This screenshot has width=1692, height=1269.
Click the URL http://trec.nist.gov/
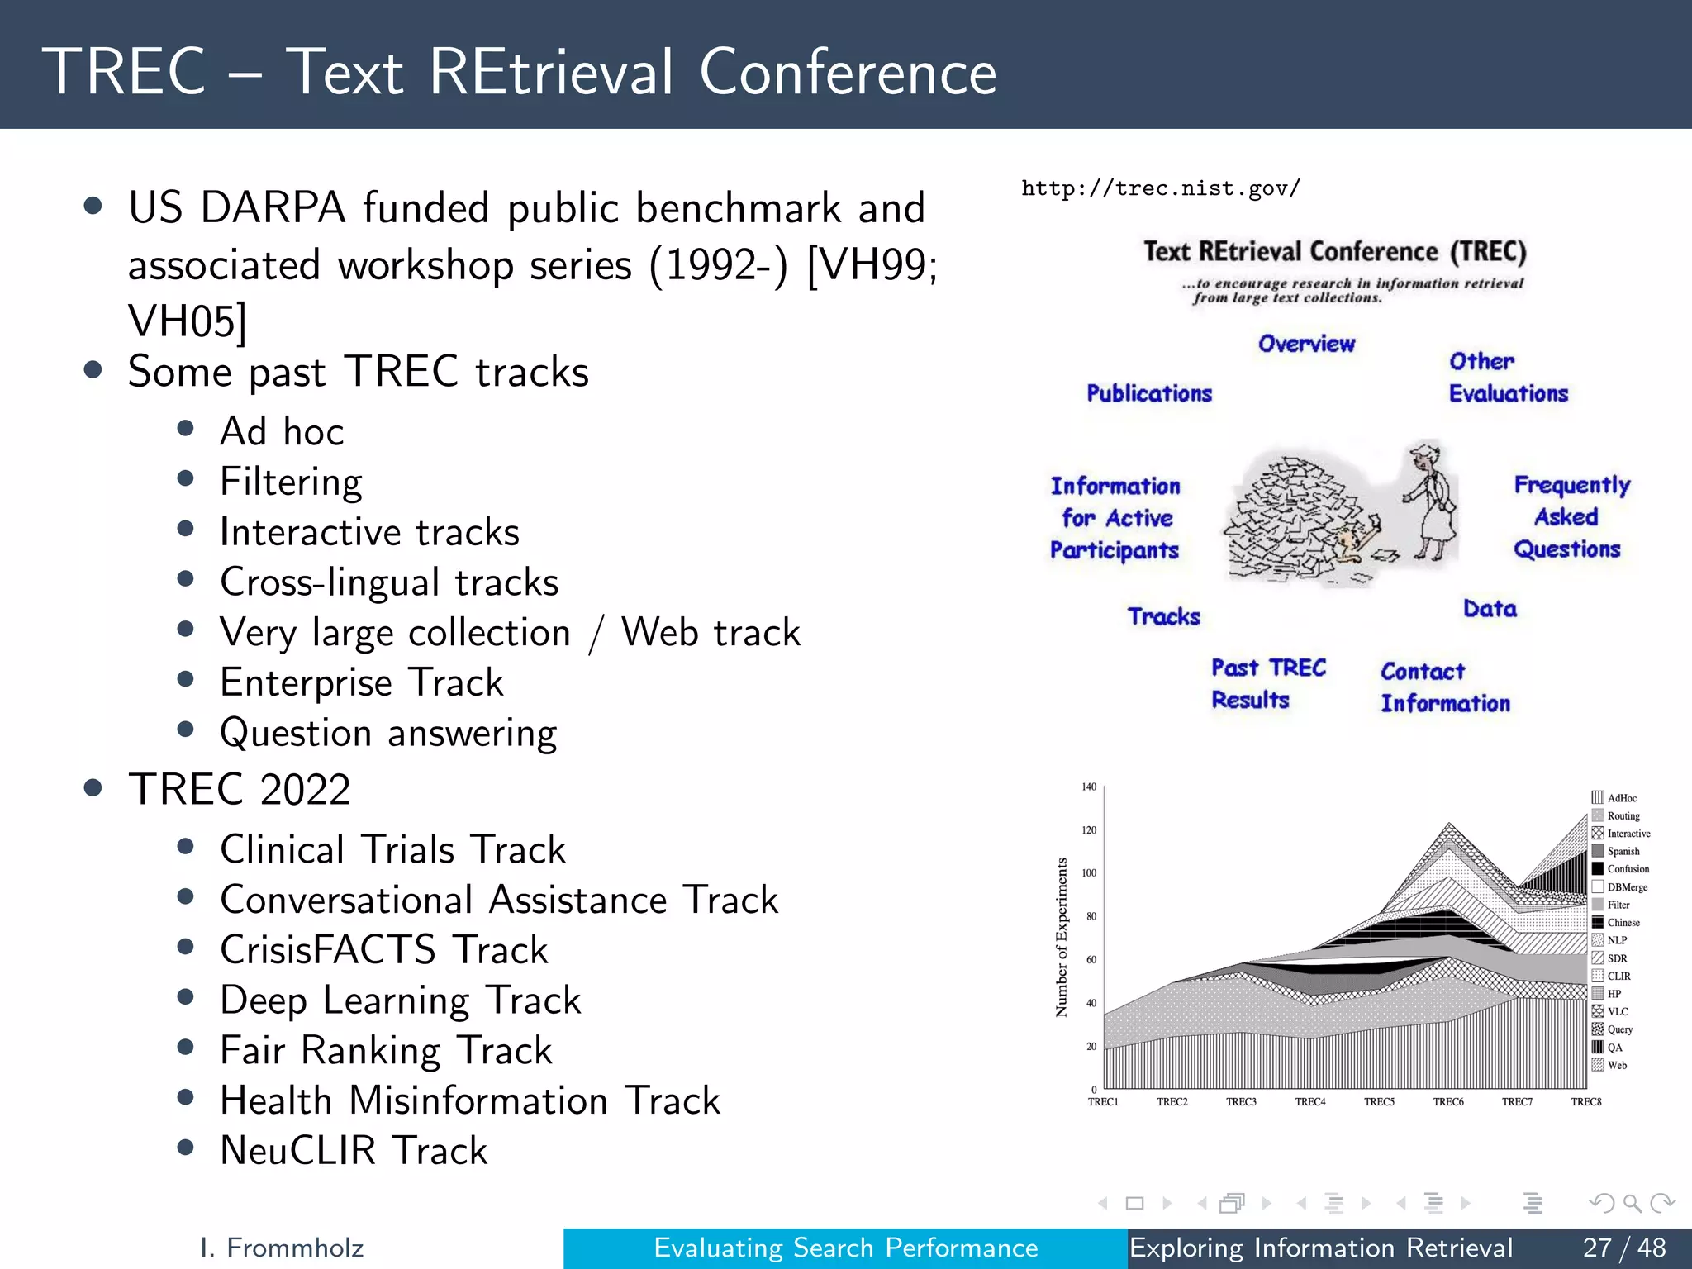coord(1161,188)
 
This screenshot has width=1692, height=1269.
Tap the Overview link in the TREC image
coord(1306,344)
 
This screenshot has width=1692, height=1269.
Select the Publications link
coord(1149,393)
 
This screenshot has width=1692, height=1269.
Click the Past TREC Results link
coord(1267,683)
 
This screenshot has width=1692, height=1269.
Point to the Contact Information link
coord(1445,687)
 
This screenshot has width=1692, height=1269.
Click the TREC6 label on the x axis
coord(1448,1102)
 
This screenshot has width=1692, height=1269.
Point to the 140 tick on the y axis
coord(1089,787)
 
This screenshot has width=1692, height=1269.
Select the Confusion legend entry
coord(1627,869)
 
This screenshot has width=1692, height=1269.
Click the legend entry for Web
coord(1616,1066)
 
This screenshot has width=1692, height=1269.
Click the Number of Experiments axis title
coord(1062,937)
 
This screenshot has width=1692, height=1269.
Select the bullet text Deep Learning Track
coord(401,1000)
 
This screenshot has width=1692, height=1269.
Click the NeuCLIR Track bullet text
coord(354,1151)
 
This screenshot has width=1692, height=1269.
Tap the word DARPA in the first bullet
coord(272,207)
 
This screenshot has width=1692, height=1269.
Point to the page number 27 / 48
coord(1624,1248)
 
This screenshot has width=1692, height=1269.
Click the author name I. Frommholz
coord(282,1248)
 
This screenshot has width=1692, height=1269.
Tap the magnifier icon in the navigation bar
coord(1632,1204)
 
